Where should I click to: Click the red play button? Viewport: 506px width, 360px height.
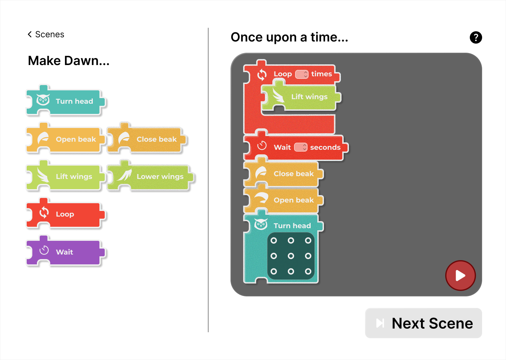[x=460, y=275]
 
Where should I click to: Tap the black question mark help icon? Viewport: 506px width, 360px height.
[x=476, y=37]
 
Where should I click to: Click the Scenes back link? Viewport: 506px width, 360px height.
[x=46, y=34]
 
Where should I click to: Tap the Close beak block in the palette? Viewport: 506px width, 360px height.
[x=147, y=138]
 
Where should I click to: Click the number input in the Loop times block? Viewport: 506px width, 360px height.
[x=302, y=74]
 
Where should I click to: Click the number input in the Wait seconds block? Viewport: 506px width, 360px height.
[x=301, y=147]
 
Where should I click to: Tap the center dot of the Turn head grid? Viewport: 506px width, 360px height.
[x=291, y=256]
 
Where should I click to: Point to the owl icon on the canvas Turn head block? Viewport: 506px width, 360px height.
[x=261, y=224]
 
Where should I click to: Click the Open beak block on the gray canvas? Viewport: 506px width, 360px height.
[x=284, y=199]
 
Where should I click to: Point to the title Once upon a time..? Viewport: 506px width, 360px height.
[x=290, y=37]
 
